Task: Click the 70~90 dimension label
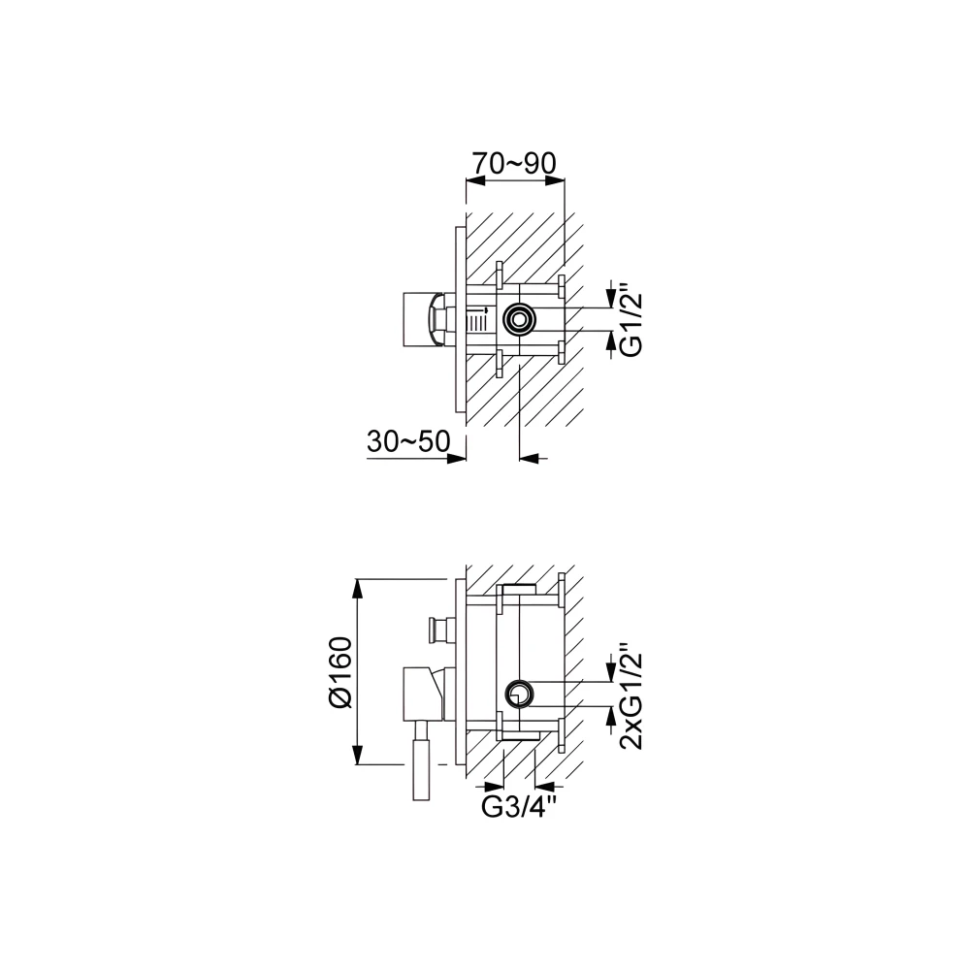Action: click(515, 163)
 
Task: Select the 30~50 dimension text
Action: click(408, 441)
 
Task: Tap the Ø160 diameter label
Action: click(341, 672)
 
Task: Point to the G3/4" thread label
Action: click(515, 807)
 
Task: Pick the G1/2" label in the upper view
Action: click(631, 320)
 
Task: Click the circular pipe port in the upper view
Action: click(519, 320)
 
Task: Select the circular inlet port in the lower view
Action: click(519, 694)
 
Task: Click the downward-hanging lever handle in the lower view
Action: click(422, 760)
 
